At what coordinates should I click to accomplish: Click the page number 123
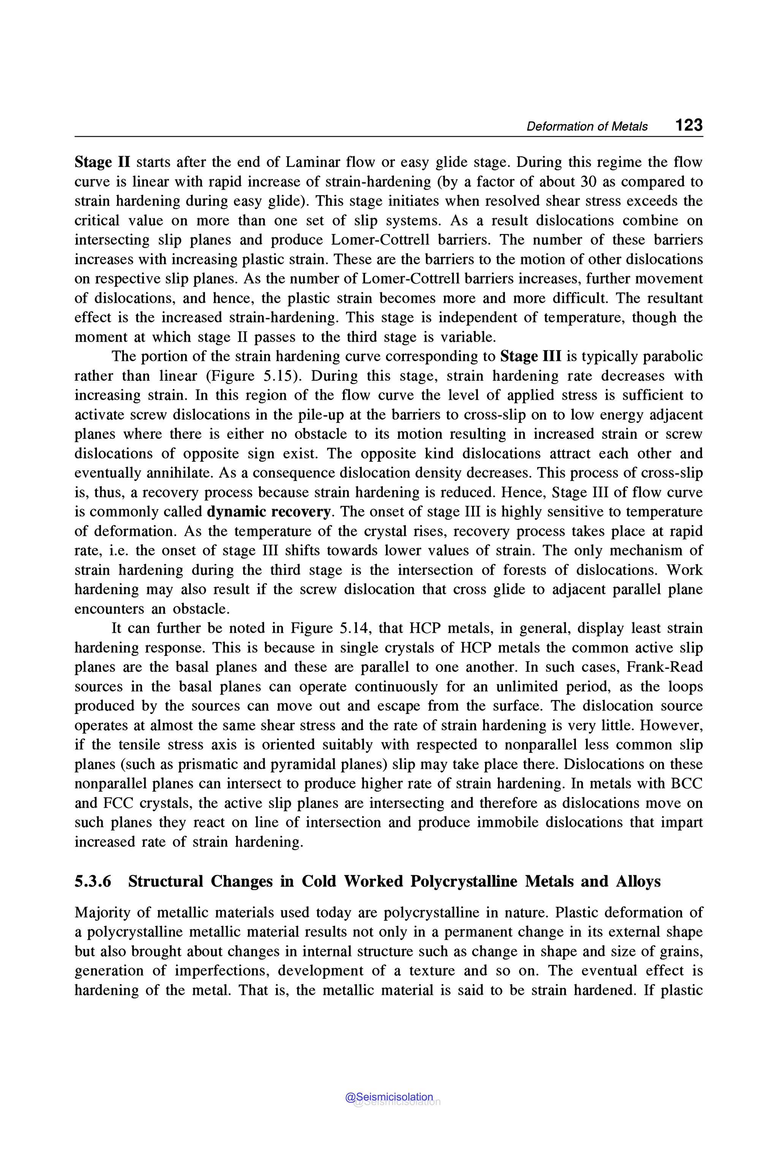pyautogui.click(x=689, y=125)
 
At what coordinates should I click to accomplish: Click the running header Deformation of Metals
pyautogui.click(x=587, y=127)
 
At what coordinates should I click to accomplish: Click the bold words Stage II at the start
pyautogui.click(x=102, y=162)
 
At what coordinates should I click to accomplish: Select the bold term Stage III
pyautogui.click(x=531, y=356)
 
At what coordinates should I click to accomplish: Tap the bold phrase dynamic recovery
pyautogui.click(x=269, y=512)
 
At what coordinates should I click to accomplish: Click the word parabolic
pyautogui.click(x=674, y=356)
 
